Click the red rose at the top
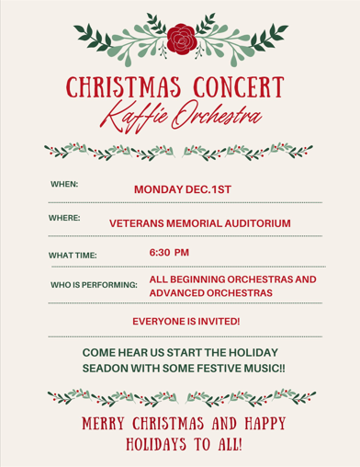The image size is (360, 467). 180,39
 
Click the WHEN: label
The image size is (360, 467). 64,185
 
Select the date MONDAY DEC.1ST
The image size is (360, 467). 183,189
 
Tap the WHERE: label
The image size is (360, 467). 65,218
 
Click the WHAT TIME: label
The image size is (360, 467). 73,255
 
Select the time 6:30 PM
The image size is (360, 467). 169,251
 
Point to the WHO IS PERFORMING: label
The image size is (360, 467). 94,286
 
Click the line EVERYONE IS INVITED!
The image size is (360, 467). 186,322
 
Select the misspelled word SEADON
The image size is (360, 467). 108,368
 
